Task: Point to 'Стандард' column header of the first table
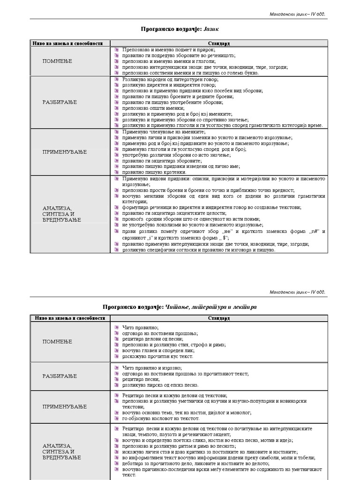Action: coord(218,43)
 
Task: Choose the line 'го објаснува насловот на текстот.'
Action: coord(161,419)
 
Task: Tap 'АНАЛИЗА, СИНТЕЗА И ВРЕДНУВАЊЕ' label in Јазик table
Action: coord(61,214)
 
